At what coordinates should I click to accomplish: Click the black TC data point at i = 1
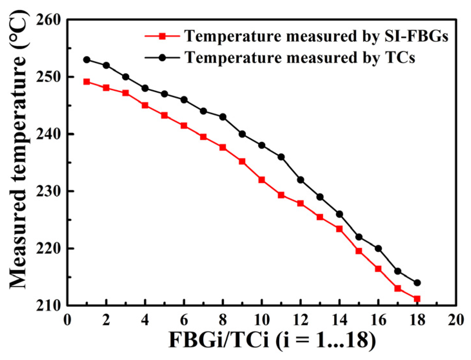tap(87, 60)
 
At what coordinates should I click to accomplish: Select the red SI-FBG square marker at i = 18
tap(417, 299)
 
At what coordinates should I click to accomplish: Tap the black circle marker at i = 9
tap(242, 134)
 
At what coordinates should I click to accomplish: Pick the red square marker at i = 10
tap(262, 180)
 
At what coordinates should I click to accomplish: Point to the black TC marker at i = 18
tap(417, 283)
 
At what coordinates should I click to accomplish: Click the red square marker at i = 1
tap(87, 82)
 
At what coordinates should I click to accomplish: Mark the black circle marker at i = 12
tap(300, 180)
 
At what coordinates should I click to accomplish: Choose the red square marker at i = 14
tap(339, 229)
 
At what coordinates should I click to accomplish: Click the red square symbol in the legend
tap(162, 36)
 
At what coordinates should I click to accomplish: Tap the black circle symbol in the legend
tap(162, 58)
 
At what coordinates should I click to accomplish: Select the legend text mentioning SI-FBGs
tap(316, 36)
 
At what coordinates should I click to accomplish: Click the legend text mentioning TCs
tap(300, 58)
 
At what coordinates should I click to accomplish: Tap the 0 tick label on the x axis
tap(67, 320)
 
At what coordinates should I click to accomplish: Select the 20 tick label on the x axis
tap(455, 320)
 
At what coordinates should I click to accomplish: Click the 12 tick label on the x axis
tap(300, 320)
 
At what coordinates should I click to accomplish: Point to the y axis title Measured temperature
tap(18, 150)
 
